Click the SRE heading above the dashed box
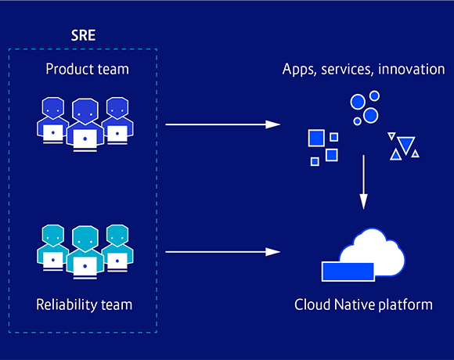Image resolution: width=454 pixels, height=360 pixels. coord(83,37)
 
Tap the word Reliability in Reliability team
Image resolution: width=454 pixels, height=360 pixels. coord(65,304)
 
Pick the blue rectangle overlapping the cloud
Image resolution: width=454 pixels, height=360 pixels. coord(348,271)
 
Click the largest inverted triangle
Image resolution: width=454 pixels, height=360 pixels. coord(405,143)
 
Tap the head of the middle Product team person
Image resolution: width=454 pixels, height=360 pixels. coord(85,111)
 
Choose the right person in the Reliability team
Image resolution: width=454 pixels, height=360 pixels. coord(117,248)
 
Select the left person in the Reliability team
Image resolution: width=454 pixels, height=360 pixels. coord(52,248)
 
